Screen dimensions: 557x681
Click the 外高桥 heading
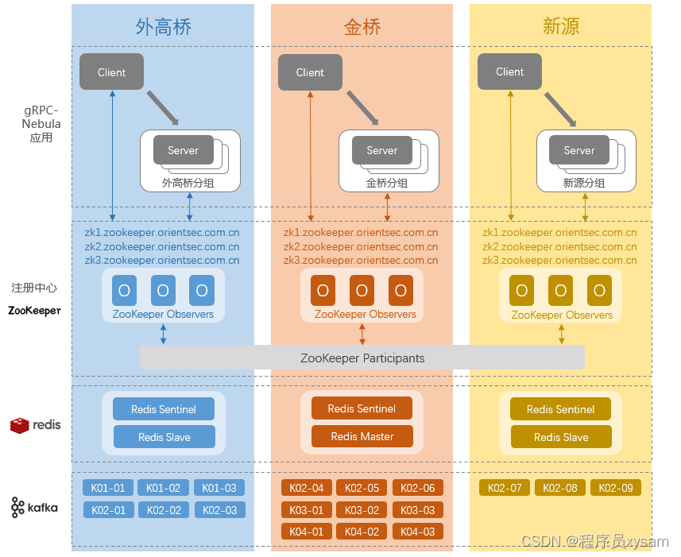click(163, 26)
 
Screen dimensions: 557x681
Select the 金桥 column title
click(362, 26)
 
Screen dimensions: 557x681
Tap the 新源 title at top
click(561, 26)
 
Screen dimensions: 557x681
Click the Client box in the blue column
click(111, 72)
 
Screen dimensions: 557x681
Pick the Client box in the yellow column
click(509, 72)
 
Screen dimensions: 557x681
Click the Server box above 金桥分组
click(381, 150)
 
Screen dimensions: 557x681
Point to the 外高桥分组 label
click(188, 183)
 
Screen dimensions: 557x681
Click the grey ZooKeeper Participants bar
click(362, 358)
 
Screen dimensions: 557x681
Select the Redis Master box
click(362, 436)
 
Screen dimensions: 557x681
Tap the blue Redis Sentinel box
click(164, 409)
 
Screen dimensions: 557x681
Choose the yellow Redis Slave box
click(561, 437)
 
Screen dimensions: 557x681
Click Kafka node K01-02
click(164, 488)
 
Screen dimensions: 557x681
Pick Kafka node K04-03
click(417, 532)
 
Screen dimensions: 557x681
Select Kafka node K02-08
click(561, 488)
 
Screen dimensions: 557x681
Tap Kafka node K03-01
click(307, 510)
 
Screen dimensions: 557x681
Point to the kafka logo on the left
click(35, 507)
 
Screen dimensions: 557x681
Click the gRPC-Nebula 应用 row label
click(41, 123)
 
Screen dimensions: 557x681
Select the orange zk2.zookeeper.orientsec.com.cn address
click(361, 246)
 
